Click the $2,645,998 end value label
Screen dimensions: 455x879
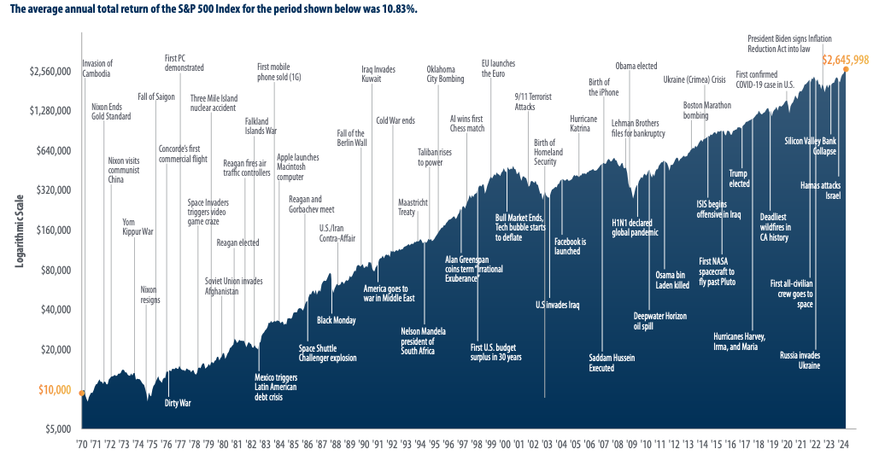tap(845, 60)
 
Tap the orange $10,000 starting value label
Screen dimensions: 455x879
tap(55, 389)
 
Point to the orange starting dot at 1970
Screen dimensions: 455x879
tap(81, 394)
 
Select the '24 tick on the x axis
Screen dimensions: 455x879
tap(844, 444)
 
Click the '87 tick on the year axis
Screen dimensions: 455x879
tap(322, 444)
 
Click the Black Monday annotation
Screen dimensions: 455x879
tap(337, 320)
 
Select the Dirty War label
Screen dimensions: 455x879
tap(178, 402)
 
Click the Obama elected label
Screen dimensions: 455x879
tap(636, 66)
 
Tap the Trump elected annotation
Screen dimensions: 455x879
tap(739, 178)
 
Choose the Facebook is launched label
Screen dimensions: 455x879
tap(568, 247)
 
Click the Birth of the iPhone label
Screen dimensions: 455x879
tap(603, 87)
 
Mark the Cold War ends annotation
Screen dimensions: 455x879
tap(396, 120)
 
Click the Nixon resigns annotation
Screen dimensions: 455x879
tap(150, 295)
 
